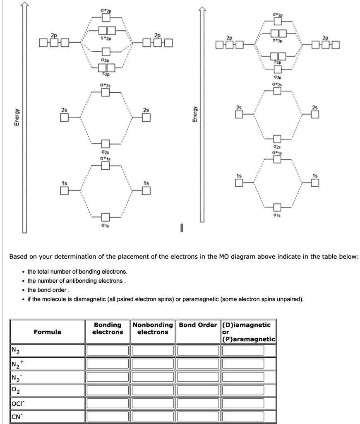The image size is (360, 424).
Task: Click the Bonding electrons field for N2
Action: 108,351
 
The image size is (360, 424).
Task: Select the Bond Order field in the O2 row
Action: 197,390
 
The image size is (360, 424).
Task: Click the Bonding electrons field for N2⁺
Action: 108,364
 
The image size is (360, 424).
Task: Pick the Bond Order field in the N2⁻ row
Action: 197,377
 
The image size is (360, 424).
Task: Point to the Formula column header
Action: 48,332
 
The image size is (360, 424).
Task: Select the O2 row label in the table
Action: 15,390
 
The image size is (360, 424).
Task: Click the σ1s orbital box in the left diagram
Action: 106,217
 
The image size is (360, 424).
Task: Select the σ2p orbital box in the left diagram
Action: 106,52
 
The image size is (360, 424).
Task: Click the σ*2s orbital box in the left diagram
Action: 106,92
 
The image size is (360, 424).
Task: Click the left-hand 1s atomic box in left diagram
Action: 64,190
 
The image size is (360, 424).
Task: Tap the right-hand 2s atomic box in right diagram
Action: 315,115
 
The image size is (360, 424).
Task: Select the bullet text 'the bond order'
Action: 47,290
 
